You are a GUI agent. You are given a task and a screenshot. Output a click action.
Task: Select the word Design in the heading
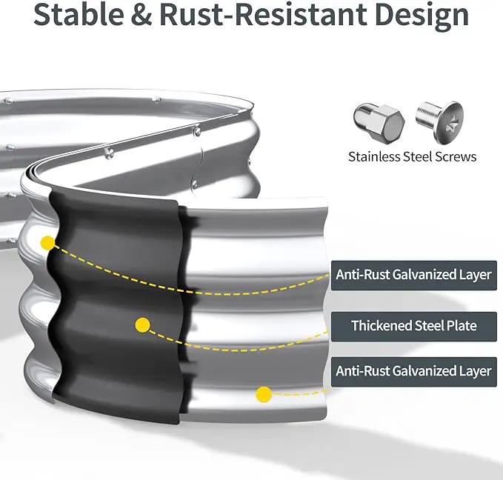(422, 17)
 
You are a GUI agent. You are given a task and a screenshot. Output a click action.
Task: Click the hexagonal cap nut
(379, 121)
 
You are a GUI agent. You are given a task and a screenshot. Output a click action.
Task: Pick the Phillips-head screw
(440, 121)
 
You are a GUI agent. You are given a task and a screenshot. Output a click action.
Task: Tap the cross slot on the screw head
(453, 122)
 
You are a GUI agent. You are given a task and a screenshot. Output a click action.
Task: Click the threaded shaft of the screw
(427, 116)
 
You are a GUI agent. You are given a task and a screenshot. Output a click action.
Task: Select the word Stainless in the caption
(374, 156)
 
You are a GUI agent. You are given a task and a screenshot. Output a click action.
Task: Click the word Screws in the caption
(456, 156)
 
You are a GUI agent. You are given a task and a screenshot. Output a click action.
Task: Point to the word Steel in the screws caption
(417, 156)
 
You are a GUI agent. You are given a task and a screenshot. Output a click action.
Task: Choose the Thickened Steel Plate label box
(414, 327)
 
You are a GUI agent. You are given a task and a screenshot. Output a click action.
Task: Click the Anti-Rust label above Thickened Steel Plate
(414, 276)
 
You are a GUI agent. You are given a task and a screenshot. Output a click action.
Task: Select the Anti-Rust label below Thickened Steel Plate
(414, 372)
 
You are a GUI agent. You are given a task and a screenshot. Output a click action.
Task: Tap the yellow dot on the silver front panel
(264, 394)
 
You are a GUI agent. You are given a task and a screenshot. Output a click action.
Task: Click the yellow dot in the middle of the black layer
(143, 325)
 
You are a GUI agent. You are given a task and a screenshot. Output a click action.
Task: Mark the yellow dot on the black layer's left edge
(48, 243)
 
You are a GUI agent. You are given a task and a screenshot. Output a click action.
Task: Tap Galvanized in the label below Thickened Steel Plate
(424, 371)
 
